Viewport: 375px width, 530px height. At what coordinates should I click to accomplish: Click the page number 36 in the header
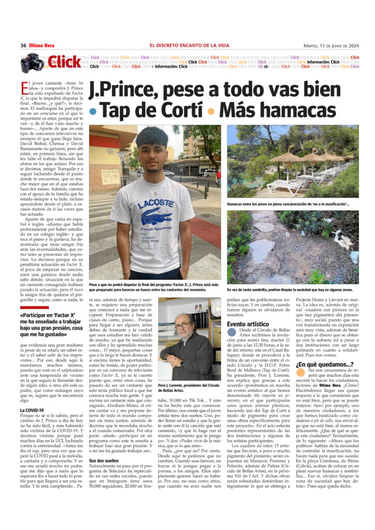pyautogui.click(x=23, y=45)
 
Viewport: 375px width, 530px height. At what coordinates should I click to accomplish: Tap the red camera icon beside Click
pyautogui.click(x=32, y=63)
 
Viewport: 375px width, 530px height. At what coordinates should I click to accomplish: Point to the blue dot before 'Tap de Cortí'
pyautogui.click(x=93, y=112)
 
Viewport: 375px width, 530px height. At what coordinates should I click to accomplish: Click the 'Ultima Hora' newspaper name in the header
pyautogui.click(x=44, y=45)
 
